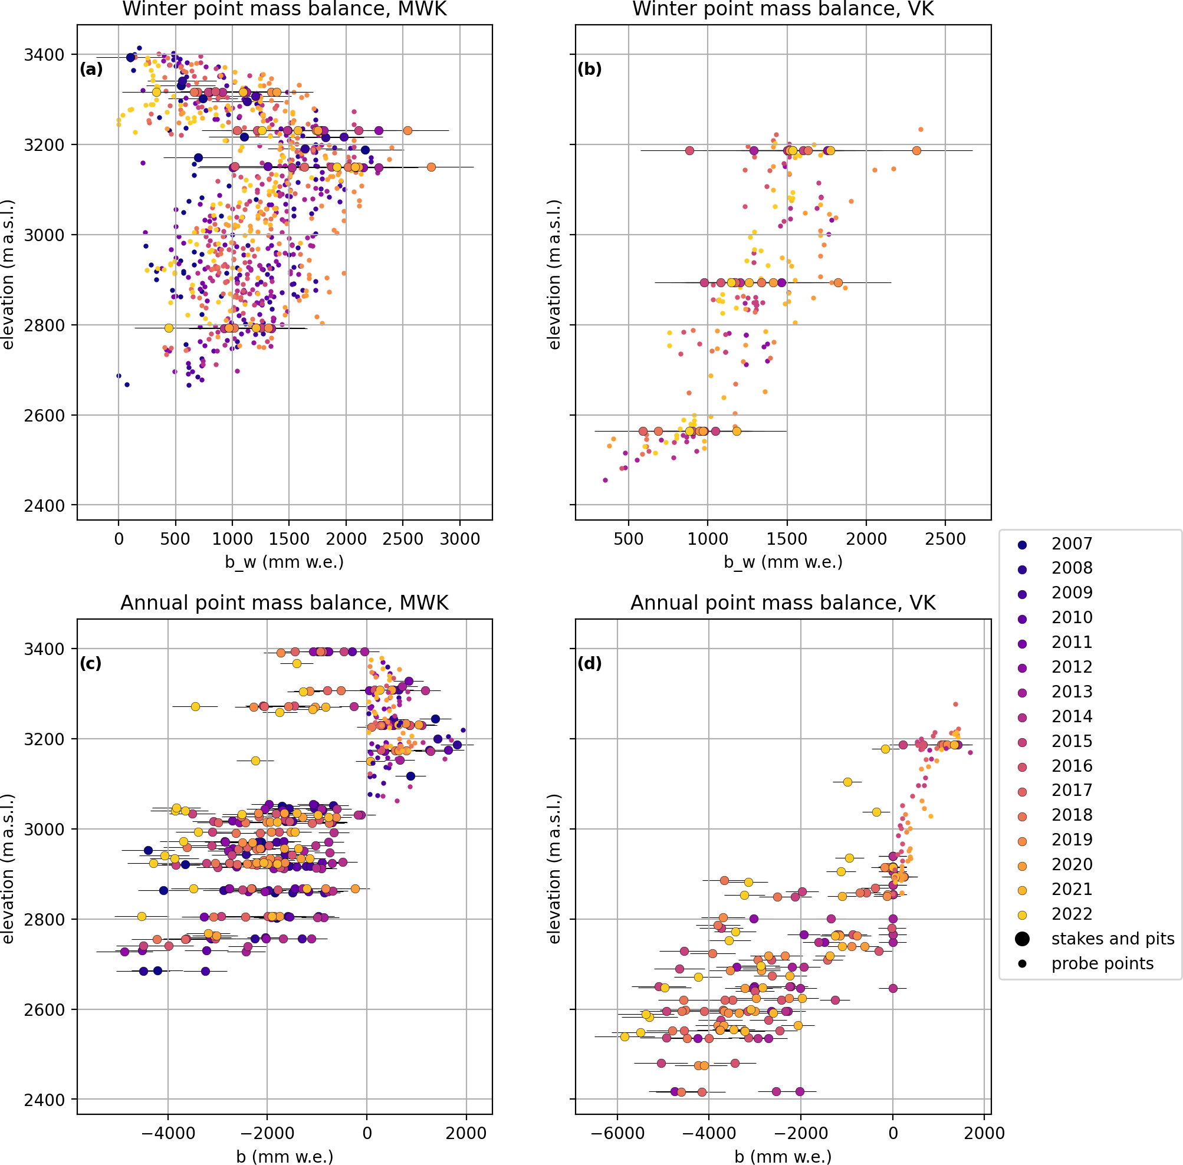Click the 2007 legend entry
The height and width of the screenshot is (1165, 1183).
1071,544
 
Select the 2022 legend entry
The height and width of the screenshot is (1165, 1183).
1071,913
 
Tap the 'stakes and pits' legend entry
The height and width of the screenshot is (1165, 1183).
1112,939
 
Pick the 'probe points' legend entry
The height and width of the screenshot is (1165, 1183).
1102,963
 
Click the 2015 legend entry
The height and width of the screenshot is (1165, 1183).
1071,741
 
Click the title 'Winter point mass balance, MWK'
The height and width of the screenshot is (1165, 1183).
285,9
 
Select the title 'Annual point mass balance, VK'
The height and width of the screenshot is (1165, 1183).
783,603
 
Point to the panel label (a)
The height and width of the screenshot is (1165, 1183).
91,69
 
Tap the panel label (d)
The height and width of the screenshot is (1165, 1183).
589,663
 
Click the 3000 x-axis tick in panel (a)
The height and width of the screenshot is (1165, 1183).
460,539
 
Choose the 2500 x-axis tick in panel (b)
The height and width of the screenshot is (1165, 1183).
945,539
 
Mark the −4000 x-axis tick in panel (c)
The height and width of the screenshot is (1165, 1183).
168,1133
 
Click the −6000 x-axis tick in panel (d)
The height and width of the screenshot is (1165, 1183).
617,1133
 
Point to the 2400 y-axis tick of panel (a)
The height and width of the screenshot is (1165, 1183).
44,505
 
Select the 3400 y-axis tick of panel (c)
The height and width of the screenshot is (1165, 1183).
44,649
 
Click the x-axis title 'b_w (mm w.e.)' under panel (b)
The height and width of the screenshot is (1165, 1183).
783,562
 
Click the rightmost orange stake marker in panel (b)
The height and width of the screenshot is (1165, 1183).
916,150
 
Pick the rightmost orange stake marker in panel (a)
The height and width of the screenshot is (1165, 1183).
431,167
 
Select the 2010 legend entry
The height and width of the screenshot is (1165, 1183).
1071,617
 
